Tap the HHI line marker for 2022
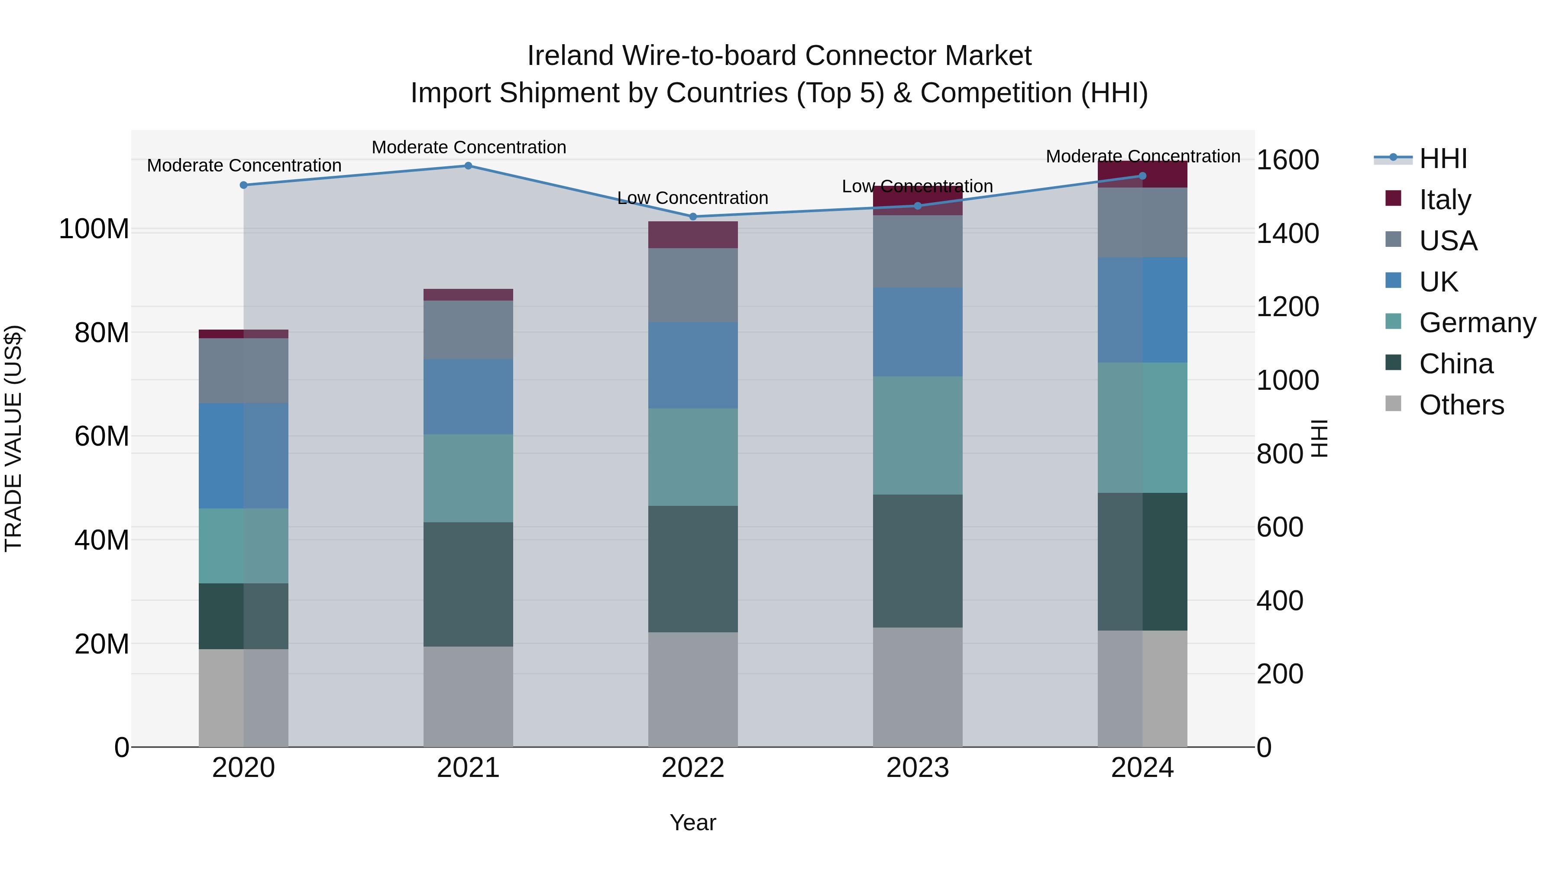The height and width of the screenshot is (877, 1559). click(x=693, y=217)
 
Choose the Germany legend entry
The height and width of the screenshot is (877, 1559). click(x=1477, y=323)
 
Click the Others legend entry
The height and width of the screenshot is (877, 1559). click(x=1461, y=405)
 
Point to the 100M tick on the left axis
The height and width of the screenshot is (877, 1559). click(x=94, y=230)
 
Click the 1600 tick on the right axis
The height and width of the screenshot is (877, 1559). click(x=1287, y=160)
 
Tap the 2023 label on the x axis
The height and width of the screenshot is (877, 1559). click(x=918, y=768)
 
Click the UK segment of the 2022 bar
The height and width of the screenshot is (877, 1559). click(x=693, y=365)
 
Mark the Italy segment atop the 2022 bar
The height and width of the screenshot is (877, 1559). click(x=693, y=235)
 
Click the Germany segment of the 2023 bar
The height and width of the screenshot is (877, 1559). click(x=918, y=435)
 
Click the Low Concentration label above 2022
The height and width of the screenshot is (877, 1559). click(x=692, y=198)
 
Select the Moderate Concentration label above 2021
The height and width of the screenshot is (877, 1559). click(x=469, y=147)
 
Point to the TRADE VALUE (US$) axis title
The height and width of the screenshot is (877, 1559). click(x=13, y=438)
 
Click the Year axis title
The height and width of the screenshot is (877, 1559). click(x=692, y=822)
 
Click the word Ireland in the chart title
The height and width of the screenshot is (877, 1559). click(x=569, y=56)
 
